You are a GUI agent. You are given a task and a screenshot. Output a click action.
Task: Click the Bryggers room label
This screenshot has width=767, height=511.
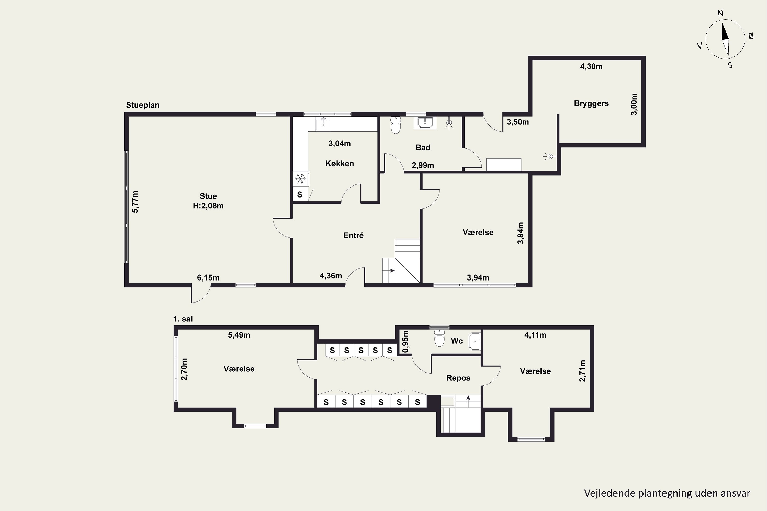591,104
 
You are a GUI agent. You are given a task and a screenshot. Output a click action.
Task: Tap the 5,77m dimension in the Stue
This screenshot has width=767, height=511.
135,202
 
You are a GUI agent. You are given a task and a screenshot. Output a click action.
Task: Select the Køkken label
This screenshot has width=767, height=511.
340,163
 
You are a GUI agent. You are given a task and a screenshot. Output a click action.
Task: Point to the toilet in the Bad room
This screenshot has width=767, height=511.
396,125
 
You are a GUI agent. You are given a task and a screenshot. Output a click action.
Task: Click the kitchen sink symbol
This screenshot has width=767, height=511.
323,123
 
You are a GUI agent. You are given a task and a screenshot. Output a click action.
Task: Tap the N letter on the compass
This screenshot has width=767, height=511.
721,13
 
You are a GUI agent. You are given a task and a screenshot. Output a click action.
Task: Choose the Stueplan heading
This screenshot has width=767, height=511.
143,105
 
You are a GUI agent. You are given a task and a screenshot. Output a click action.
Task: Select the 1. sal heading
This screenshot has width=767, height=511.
183,319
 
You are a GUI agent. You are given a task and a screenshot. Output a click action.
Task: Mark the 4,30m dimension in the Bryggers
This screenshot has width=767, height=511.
591,66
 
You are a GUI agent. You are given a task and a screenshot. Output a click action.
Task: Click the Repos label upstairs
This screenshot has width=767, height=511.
458,378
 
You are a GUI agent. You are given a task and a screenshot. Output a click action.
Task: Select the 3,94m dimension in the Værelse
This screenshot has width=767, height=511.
478,278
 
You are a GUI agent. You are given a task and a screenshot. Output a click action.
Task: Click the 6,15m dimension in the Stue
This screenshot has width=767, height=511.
208,278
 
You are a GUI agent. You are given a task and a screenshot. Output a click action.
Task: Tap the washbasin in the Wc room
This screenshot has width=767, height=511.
475,341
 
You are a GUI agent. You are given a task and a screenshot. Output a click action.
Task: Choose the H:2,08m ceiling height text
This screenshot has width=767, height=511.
208,206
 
